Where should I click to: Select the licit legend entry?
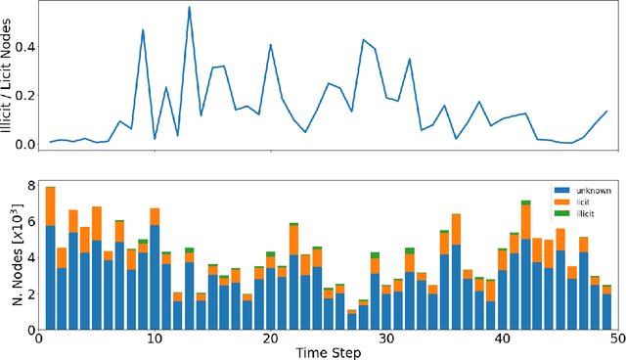click(576, 201)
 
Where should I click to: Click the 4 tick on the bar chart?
click(29, 258)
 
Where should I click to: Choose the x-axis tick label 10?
click(154, 338)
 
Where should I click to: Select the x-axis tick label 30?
click(386, 338)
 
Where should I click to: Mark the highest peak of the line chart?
click(189, 8)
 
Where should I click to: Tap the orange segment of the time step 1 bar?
click(50, 206)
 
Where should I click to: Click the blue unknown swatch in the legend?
click(560, 189)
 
